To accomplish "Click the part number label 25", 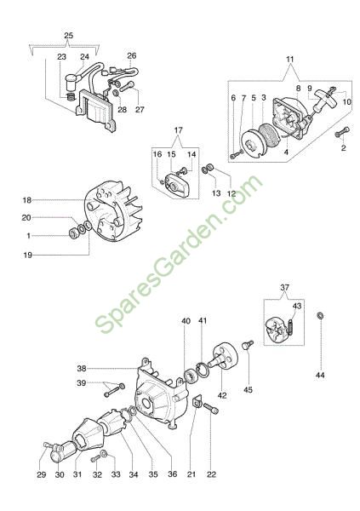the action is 68,36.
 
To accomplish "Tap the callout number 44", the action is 320,376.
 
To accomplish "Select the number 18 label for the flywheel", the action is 27,200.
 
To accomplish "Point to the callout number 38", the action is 82,369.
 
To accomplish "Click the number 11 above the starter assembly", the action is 290,60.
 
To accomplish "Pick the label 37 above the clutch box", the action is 285,288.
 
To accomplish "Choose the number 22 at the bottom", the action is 211,474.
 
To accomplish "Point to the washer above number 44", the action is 320,315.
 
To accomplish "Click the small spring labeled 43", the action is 290,326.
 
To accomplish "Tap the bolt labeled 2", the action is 342,132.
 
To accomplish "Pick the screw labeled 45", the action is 248,345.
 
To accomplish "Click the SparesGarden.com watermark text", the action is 179,255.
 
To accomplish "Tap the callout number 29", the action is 42,474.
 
